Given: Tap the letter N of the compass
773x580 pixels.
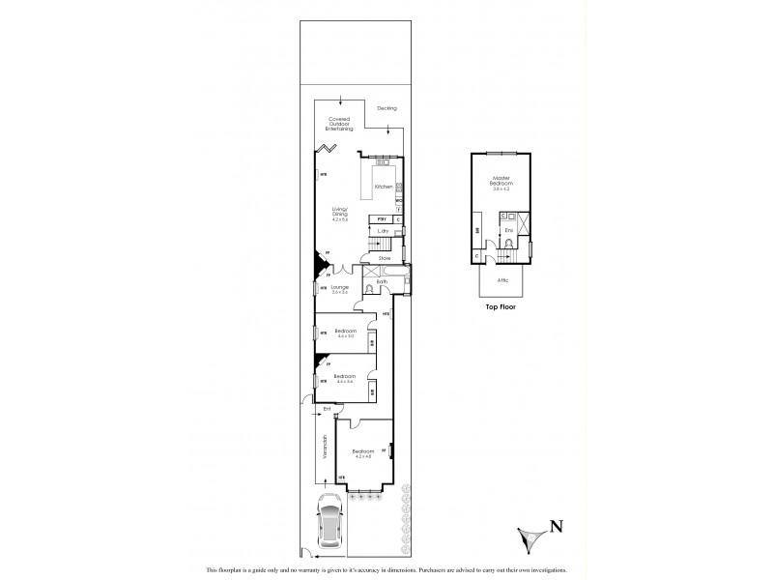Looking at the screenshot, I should [557, 527].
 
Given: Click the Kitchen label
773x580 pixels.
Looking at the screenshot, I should [383, 187].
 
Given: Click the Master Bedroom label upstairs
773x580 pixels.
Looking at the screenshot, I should [501, 182].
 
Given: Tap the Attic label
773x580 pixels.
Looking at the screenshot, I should [502, 279].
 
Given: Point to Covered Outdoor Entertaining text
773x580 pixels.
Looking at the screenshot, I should [340, 123].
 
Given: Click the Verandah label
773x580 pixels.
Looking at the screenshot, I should [325, 448].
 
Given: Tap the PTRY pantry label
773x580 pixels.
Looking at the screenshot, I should [382, 220].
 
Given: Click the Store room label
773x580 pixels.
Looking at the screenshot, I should [384, 258].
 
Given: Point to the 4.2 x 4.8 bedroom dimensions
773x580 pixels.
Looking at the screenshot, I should [363, 455].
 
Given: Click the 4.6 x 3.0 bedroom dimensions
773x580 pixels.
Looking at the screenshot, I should [345, 336].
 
